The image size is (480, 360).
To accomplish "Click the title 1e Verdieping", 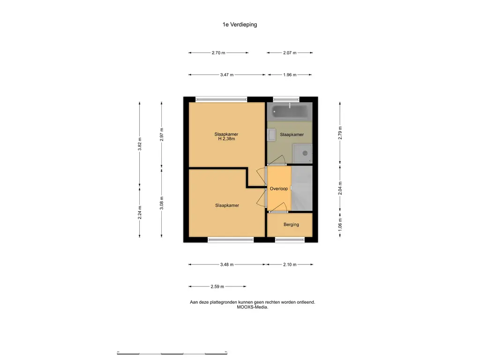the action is point(240,24).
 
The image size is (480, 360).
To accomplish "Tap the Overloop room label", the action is point(278,188).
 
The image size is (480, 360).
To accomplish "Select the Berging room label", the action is point(291,225).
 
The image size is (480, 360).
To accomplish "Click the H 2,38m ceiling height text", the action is point(226,139).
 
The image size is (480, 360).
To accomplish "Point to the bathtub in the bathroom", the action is point(290,112).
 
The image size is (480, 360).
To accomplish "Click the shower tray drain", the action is point(305,153).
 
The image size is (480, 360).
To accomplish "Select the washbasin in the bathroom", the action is point(271,135).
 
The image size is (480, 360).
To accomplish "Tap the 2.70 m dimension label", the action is point(218,52).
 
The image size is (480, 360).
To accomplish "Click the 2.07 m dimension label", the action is point(290,52).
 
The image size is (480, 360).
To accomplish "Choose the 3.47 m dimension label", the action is point(227,75).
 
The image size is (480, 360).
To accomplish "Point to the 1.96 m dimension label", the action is point(290,75).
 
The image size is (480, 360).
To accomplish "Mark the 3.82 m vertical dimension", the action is point(140,144).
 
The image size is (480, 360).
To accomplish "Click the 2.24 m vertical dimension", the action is point(140,212).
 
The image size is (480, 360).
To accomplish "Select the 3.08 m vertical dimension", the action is point(162,203).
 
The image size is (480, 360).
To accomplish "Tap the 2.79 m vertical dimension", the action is point(340,133).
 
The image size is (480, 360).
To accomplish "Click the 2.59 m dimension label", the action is point(217,286).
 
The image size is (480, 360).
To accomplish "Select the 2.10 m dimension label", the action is point(290,264).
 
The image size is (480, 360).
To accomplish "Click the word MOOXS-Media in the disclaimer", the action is point(252,307).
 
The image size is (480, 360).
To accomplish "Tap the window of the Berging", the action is point(290,240).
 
